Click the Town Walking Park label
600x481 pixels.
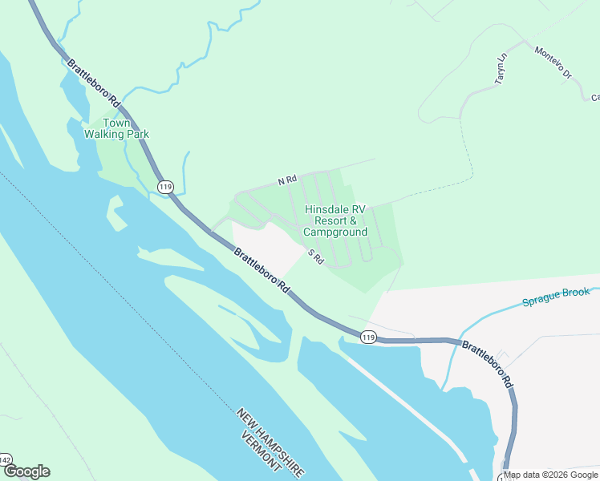tap(116, 128)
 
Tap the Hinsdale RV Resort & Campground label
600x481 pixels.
tap(335, 220)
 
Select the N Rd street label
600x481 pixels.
tap(287, 181)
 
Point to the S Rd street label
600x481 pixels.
tap(315, 257)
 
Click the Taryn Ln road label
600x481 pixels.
tap(501, 69)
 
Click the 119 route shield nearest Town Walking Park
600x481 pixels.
tap(165, 187)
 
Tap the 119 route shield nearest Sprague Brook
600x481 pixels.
tap(368, 337)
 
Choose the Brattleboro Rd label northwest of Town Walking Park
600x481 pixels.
tap(94, 84)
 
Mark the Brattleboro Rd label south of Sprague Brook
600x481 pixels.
tap(489, 364)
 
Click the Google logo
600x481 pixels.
tap(26, 471)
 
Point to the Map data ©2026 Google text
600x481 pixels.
tap(550, 475)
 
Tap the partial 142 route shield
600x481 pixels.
tap(5, 460)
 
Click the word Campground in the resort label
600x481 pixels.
tap(335, 232)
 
